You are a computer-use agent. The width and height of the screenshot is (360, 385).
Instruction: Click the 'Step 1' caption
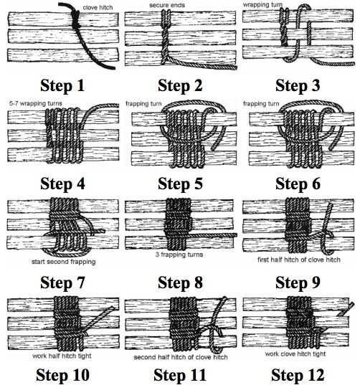(62, 86)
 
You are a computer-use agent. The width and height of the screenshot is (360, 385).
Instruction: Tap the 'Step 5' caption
(180, 184)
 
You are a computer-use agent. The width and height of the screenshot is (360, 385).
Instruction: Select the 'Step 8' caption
(180, 282)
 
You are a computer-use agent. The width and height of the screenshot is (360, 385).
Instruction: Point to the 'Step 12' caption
(298, 376)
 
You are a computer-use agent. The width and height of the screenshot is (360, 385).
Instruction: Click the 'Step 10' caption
(62, 376)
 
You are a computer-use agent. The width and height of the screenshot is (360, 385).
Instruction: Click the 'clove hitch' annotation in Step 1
(98, 8)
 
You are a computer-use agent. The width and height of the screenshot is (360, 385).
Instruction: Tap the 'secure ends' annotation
(167, 5)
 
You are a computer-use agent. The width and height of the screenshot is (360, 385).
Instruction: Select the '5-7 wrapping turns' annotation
(36, 103)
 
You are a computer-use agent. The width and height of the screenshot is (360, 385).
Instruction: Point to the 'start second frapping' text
(64, 262)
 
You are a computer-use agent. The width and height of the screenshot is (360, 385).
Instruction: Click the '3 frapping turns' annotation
(179, 255)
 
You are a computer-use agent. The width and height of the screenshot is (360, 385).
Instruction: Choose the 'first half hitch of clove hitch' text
(299, 260)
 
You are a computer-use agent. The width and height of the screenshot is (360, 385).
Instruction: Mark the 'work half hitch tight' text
(62, 356)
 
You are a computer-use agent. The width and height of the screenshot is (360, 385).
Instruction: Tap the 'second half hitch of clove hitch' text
(181, 357)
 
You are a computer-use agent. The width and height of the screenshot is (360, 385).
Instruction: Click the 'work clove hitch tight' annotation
(295, 354)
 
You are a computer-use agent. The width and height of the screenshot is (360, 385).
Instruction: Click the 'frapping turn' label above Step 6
(261, 104)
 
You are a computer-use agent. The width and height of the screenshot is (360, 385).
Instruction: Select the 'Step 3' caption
(298, 86)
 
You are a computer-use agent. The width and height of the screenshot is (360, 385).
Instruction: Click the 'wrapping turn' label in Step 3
(262, 5)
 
